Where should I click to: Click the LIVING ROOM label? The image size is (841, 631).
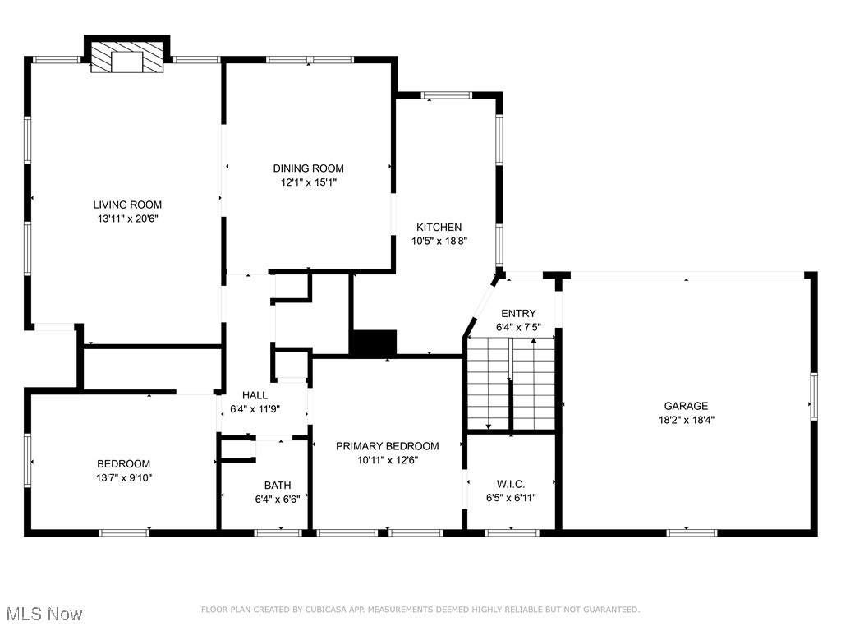click(127, 205)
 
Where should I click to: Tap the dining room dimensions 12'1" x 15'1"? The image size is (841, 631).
click(309, 182)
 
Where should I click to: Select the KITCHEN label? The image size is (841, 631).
click(439, 228)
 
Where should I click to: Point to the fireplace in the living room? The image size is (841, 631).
click(127, 55)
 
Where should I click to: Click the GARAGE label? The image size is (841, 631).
click(686, 406)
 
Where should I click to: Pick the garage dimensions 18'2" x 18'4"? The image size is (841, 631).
click(686, 420)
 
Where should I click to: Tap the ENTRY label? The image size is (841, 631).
click(518, 313)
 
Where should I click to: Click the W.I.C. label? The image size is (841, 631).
click(511, 485)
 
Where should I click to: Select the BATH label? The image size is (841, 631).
click(278, 486)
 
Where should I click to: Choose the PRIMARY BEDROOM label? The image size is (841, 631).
click(388, 446)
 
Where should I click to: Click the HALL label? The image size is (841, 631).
click(255, 395)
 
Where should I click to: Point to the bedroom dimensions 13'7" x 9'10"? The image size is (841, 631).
click(124, 478)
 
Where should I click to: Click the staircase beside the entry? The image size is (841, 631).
click(511, 384)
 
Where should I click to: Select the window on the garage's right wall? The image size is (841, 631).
click(814, 397)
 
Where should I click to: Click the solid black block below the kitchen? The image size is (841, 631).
click(374, 343)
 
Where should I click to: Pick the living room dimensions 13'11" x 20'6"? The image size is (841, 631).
click(128, 219)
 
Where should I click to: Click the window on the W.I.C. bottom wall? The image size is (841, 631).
click(511, 532)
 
